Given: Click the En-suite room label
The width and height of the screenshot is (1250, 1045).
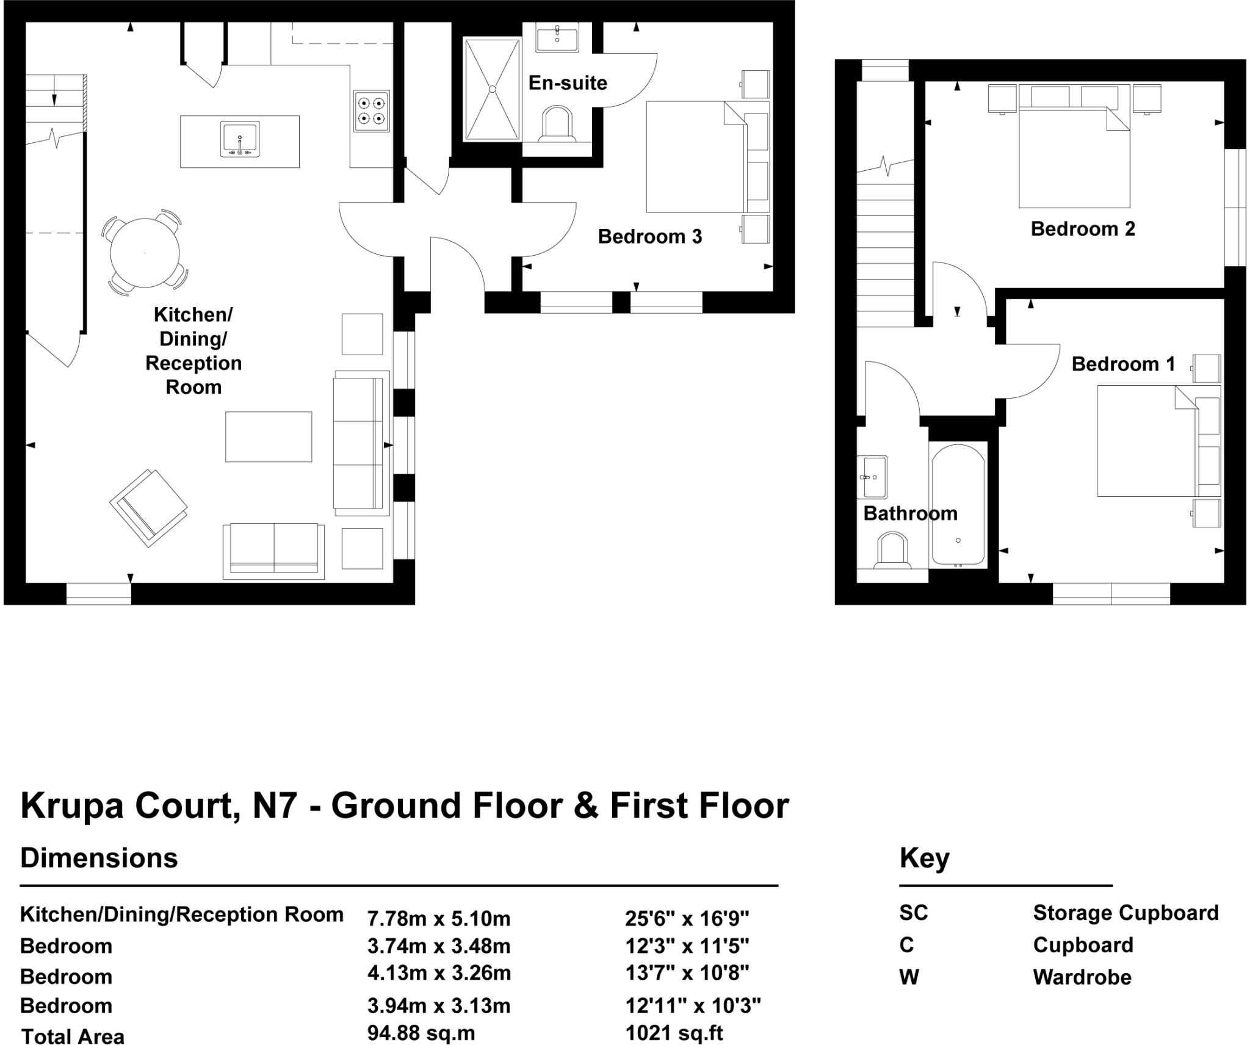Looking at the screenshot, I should [568, 83].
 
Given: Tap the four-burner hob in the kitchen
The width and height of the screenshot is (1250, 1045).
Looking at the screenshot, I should [372, 111].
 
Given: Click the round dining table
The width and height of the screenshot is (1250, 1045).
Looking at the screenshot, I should [145, 253].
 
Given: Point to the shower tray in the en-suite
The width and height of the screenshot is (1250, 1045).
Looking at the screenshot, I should [492, 89].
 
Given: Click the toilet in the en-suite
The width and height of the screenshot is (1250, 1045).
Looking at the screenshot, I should [558, 125].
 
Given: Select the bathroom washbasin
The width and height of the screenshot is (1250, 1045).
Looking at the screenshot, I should [872, 477].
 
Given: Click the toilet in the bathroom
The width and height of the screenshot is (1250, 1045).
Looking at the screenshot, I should [892, 551].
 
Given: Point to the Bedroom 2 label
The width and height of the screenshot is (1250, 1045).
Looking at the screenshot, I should [1083, 229].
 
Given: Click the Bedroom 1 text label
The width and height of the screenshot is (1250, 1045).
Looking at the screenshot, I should [1123, 364].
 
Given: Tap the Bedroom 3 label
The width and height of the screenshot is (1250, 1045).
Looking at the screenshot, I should [650, 237].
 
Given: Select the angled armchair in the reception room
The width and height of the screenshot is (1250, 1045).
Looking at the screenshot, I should [148, 508].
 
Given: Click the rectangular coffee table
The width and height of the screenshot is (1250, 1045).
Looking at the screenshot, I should [269, 437].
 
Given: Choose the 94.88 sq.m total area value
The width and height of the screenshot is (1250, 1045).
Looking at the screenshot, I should [421, 1033].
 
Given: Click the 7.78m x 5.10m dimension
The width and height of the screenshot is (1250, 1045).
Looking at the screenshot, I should [438, 918].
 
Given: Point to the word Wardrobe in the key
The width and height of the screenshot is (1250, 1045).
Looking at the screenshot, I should [1082, 977].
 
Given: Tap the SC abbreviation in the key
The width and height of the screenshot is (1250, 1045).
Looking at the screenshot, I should [913, 913].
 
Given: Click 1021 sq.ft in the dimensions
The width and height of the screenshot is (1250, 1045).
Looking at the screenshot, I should [674, 1033].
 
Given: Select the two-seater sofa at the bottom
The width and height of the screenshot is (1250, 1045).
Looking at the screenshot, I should [274, 551].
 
